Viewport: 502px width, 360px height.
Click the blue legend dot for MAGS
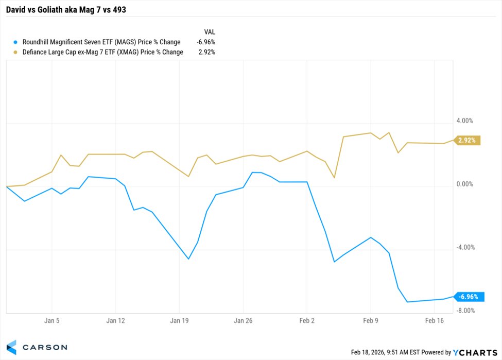coord(15,42)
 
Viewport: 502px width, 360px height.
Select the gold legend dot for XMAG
coord(15,52)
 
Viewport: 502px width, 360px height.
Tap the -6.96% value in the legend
coord(205,42)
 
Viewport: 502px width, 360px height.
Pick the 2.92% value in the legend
coord(206,52)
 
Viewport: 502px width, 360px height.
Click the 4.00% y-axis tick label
coord(465,121)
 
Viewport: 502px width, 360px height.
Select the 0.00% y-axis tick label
coord(465,184)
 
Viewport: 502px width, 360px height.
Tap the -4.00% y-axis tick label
coord(464,248)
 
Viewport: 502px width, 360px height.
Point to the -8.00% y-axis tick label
coord(464,311)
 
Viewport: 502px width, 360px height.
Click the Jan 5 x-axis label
coord(51,320)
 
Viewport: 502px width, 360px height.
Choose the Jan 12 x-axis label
coord(116,320)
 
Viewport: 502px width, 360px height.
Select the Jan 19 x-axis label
coord(179,320)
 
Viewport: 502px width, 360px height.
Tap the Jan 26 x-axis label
coord(243,320)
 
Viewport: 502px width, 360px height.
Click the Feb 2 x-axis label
coord(307,320)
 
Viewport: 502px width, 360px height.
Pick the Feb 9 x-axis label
coord(371,320)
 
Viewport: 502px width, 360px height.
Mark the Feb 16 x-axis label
coord(435,320)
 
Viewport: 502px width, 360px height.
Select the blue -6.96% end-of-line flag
coord(469,297)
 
